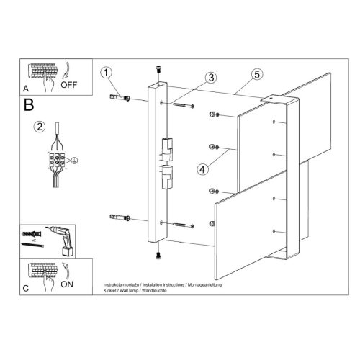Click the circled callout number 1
tap(107, 73)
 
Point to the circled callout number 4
tap(203, 170)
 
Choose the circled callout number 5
tap(257, 73)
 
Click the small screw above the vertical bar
tap(158, 69)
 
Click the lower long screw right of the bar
tap(184, 225)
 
